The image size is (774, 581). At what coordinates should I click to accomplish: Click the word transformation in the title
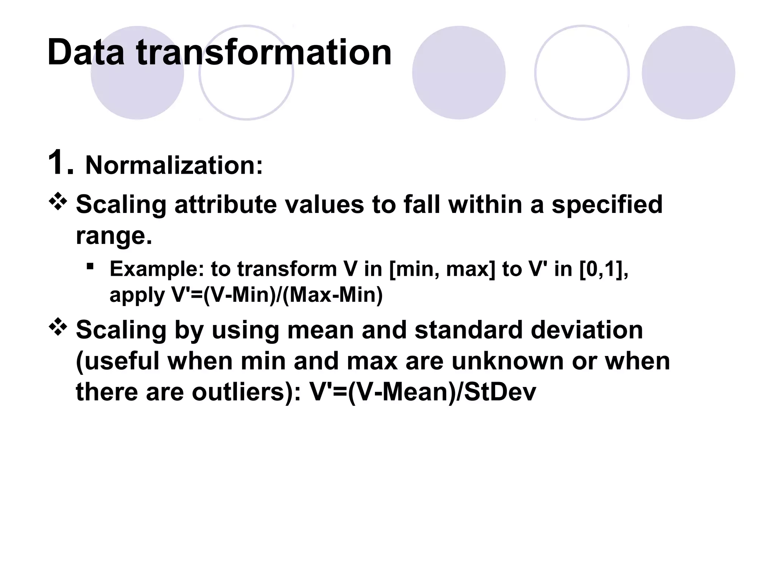[x=263, y=53]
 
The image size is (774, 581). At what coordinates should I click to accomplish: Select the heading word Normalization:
[x=174, y=165]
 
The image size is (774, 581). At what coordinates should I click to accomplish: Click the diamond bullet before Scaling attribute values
[x=58, y=201]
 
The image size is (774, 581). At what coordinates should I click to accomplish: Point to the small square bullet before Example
[x=90, y=267]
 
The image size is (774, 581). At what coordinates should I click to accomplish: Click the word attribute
[x=225, y=205]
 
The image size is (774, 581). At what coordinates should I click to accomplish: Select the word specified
[x=607, y=205]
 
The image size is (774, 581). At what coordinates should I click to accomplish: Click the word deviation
[x=587, y=330]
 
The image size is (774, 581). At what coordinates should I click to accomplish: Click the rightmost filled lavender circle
[x=688, y=73]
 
